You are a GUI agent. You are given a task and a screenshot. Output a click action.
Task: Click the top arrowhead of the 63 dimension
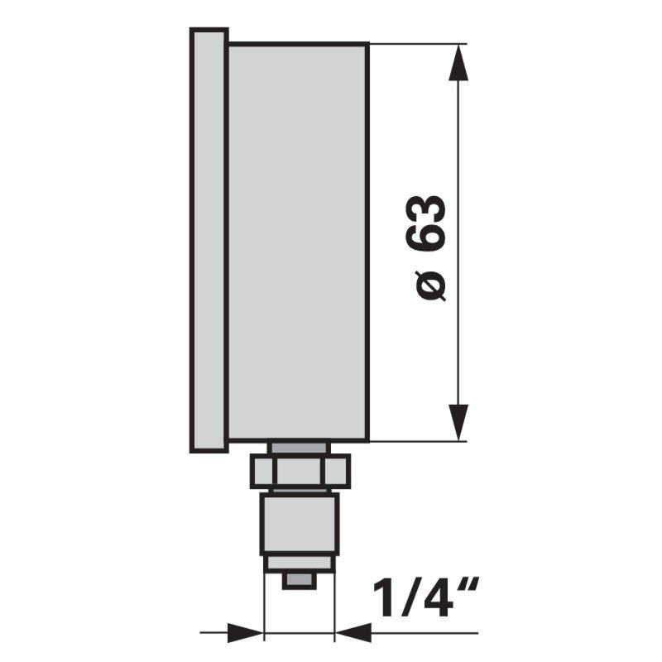tap(458, 62)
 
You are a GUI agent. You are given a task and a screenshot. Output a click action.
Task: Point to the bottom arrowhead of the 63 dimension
tap(458, 423)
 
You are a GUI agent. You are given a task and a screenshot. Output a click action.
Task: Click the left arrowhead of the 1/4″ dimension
tap(247, 633)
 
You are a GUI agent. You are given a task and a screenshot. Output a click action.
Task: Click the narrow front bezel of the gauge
tap(209, 240)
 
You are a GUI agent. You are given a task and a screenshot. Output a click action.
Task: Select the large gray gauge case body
tap(298, 240)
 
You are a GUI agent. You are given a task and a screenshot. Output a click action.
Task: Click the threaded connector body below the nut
tap(300, 523)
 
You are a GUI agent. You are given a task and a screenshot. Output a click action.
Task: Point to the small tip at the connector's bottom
tap(300, 581)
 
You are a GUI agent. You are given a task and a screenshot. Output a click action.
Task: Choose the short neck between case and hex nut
tap(300, 448)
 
